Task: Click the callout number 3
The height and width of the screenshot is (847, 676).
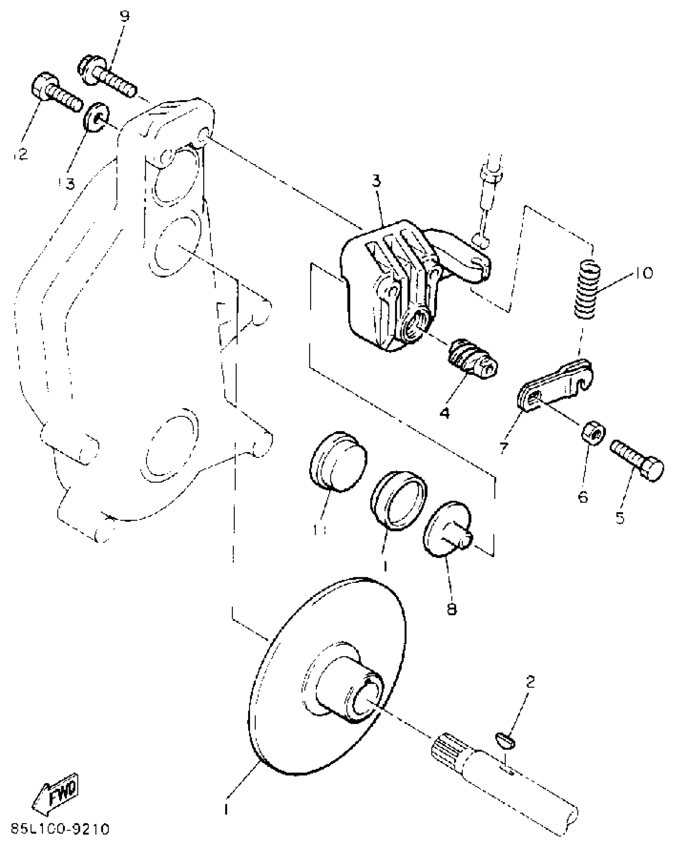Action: point(376,181)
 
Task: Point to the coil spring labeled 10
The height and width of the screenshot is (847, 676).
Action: point(588,289)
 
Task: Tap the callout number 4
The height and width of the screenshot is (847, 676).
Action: point(445,413)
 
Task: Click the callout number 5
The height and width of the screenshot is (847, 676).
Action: point(620,518)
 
